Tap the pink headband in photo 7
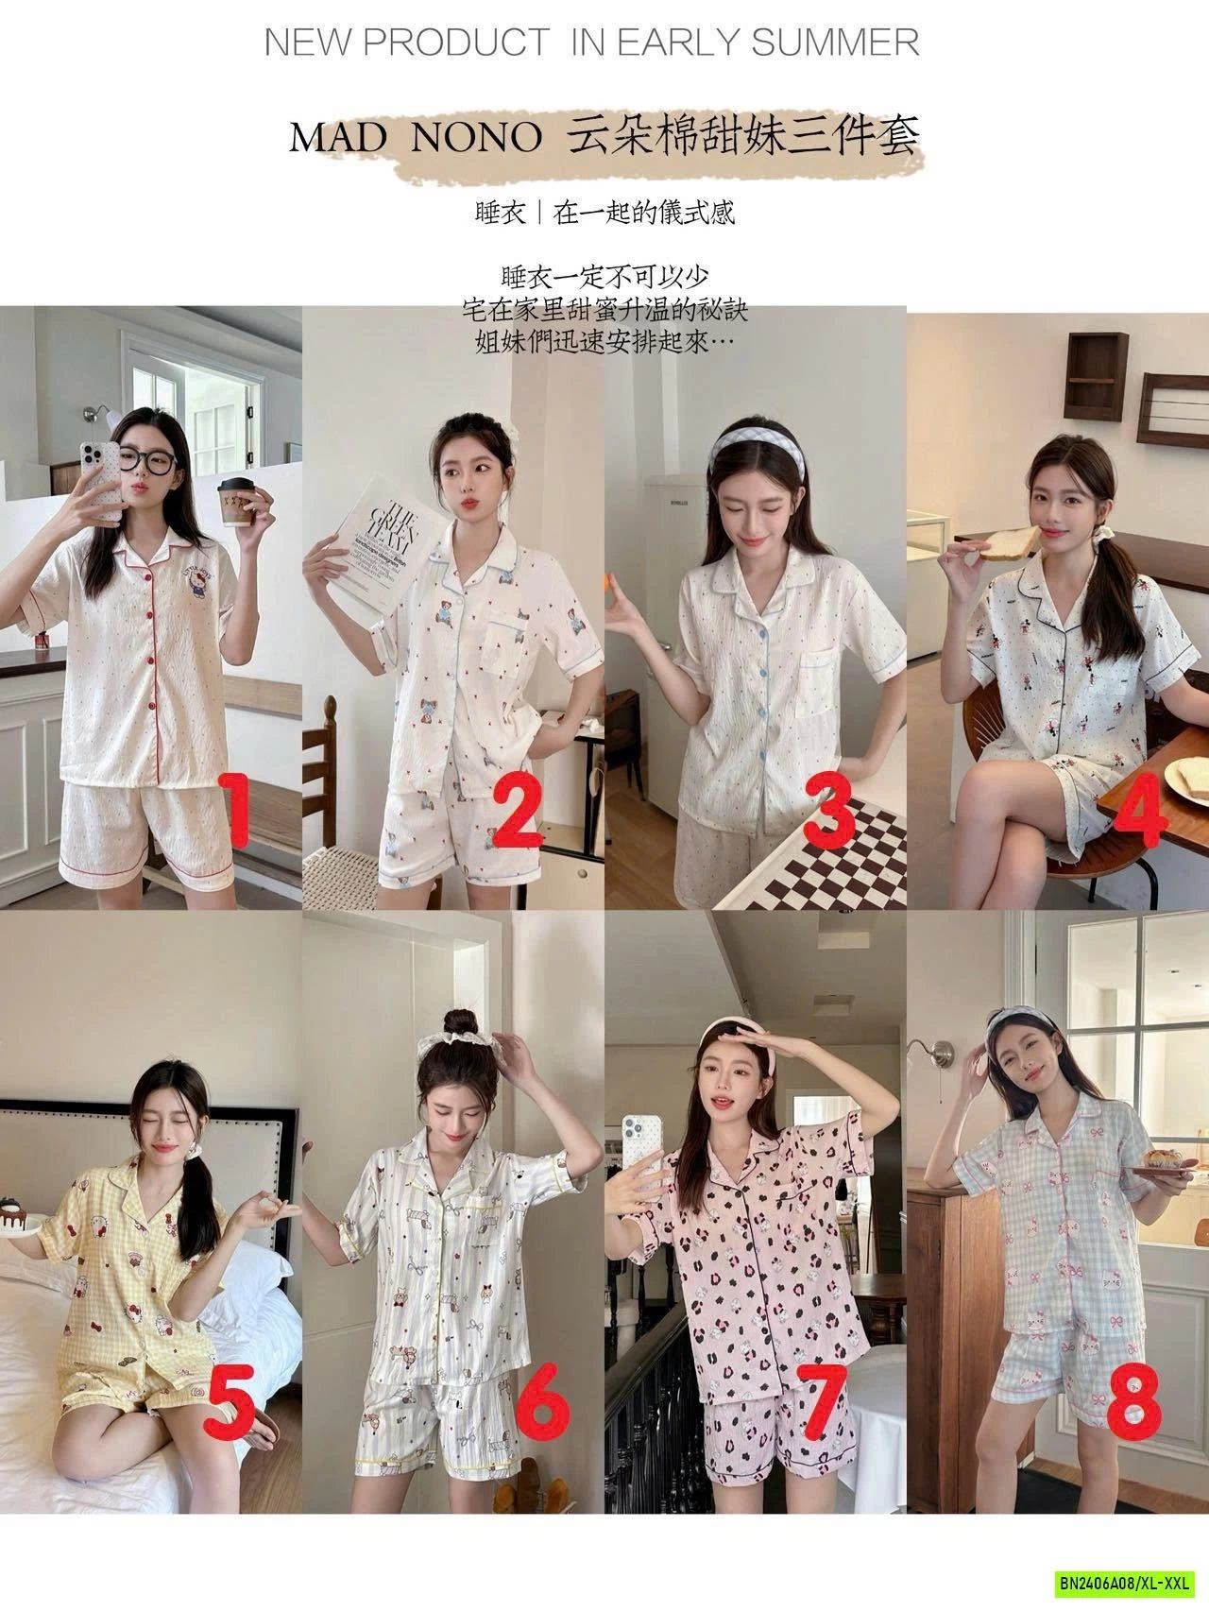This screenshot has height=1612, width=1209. click(x=718, y=1050)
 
